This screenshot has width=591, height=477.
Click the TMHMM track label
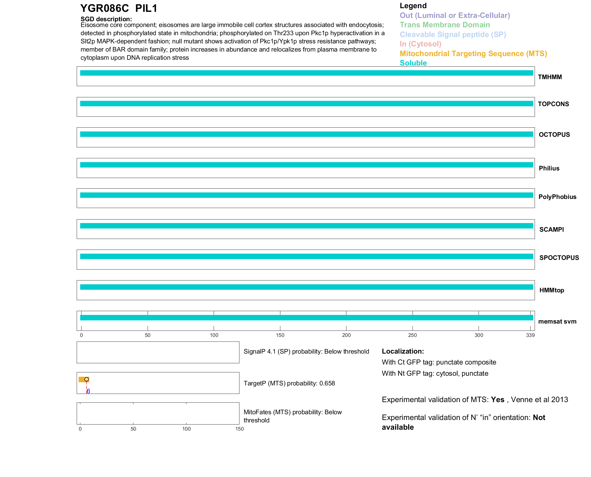coord(549,77)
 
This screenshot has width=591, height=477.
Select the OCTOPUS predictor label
coord(554,135)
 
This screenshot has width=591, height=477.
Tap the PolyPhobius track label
coord(557,197)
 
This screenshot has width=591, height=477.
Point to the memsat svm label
coord(557,321)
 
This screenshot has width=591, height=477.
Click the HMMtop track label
coord(552,290)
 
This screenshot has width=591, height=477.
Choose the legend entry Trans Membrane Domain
coord(445,25)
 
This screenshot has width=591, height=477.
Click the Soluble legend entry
coord(413,63)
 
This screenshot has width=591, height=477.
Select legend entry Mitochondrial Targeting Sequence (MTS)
coord(473,54)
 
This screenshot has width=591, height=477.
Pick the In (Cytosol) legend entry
coord(420,44)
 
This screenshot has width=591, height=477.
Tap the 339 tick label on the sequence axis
coord(530,335)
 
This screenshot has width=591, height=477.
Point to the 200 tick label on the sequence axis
coord(346,335)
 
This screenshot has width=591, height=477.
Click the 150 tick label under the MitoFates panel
coord(239,429)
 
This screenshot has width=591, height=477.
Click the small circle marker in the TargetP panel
coord(87,379)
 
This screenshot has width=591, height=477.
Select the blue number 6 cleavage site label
coord(88,391)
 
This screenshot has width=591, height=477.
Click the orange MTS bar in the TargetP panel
coord(82,379)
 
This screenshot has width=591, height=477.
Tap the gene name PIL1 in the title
coord(146,8)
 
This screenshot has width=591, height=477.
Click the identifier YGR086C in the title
coord(105,8)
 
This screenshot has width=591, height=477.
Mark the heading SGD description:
coord(106,19)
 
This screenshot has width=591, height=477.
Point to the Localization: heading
coord(403,351)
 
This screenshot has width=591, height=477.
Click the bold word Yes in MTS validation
coord(497,400)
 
